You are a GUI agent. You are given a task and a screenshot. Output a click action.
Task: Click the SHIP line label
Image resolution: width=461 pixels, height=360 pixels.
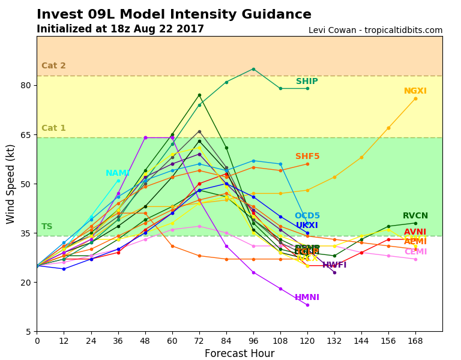click(307, 82)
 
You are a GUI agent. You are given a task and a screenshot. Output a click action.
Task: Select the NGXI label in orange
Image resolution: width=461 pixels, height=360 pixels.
click(415, 91)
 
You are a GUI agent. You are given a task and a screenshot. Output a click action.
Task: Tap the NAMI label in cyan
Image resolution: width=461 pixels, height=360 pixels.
click(118, 173)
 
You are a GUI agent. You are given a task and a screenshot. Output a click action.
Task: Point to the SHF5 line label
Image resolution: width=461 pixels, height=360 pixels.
click(307, 157)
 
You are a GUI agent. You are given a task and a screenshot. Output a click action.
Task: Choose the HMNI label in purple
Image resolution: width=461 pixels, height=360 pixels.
click(307, 298)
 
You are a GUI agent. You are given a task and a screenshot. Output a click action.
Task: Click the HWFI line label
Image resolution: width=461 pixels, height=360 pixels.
click(334, 265)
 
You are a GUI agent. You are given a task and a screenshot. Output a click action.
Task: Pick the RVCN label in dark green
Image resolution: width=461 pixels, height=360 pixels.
click(415, 216)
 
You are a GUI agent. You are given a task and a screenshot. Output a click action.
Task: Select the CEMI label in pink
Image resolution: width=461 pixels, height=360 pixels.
click(415, 252)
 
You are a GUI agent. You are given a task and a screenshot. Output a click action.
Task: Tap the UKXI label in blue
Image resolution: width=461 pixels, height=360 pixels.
click(307, 226)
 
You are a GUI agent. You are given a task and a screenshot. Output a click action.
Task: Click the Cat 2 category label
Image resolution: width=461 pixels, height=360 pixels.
click(53, 66)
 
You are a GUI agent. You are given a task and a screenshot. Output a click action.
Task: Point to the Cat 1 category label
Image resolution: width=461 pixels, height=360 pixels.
click(53, 128)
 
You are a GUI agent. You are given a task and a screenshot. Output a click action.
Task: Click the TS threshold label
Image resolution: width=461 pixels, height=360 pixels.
click(47, 227)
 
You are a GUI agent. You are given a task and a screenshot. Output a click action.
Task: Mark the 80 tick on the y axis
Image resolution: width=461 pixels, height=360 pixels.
click(25, 85)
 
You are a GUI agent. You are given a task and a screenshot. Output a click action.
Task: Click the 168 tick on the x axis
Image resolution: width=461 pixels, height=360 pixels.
click(415, 340)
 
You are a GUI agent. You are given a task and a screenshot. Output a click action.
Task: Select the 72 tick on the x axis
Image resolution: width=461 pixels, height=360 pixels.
click(199, 340)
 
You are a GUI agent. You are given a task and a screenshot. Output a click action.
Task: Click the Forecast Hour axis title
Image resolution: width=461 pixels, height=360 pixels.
click(240, 353)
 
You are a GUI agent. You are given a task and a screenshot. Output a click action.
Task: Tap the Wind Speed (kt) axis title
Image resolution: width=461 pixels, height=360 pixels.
click(11, 184)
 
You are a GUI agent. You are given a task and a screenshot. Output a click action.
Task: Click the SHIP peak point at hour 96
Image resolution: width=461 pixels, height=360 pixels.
click(253, 69)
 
